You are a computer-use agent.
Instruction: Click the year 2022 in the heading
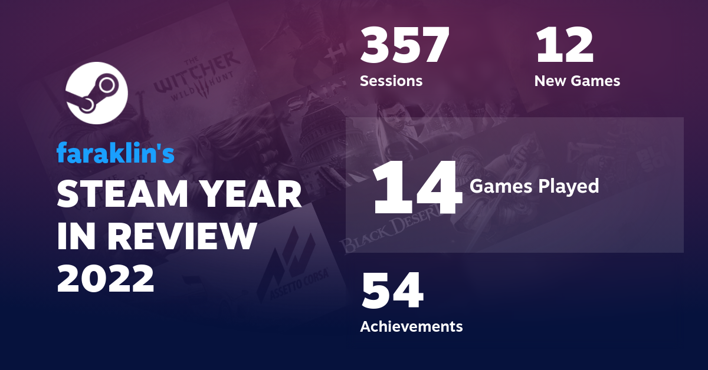[106, 277]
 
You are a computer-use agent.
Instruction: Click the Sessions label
[391, 81]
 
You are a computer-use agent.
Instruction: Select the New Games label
[577, 81]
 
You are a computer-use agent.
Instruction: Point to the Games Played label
[534, 187]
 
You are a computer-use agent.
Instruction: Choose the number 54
[392, 291]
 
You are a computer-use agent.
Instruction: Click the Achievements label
[411, 326]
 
